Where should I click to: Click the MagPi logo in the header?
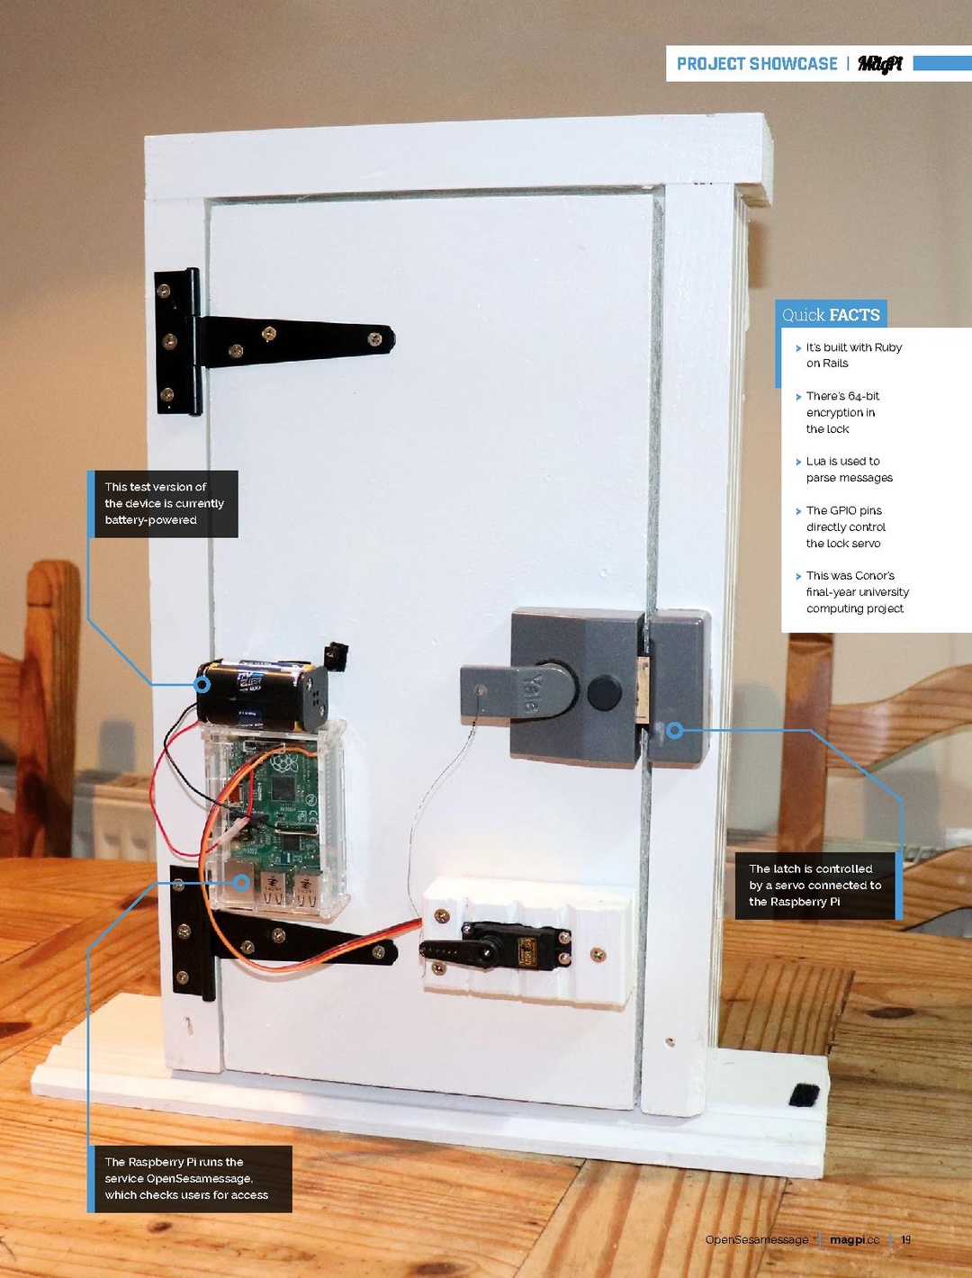click(880, 64)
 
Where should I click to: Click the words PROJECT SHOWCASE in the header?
click(757, 64)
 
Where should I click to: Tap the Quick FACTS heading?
click(831, 315)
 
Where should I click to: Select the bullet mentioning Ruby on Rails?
click(854, 355)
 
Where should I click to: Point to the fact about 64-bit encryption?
click(842, 412)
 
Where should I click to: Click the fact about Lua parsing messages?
click(850, 469)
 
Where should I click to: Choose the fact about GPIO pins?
click(846, 526)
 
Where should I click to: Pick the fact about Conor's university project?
click(858, 592)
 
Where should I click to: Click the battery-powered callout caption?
click(164, 504)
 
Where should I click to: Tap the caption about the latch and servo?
click(814, 886)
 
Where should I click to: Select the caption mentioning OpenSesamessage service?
click(186, 1178)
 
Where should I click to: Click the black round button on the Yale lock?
click(604, 692)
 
